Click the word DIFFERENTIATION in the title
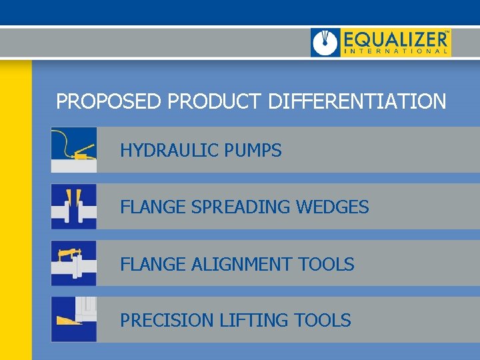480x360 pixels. pyautogui.click(x=357, y=102)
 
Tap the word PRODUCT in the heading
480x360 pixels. pyautogui.click(x=215, y=102)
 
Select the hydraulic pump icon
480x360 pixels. pyautogui.click(x=74, y=150)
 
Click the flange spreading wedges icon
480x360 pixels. pyautogui.click(x=74, y=207)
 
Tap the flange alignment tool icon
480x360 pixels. pyautogui.click(x=74, y=263)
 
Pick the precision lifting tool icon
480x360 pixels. pyautogui.click(x=74, y=320)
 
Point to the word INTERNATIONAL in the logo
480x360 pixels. pyautogui.click(x=395, y=51)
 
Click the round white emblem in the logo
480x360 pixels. pyautogui.click(x=326, y=43)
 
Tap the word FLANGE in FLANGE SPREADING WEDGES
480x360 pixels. pyautogui.click(x=153, y=207)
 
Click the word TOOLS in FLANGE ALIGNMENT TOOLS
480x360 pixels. pyautogui.click(x=327, y=265)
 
